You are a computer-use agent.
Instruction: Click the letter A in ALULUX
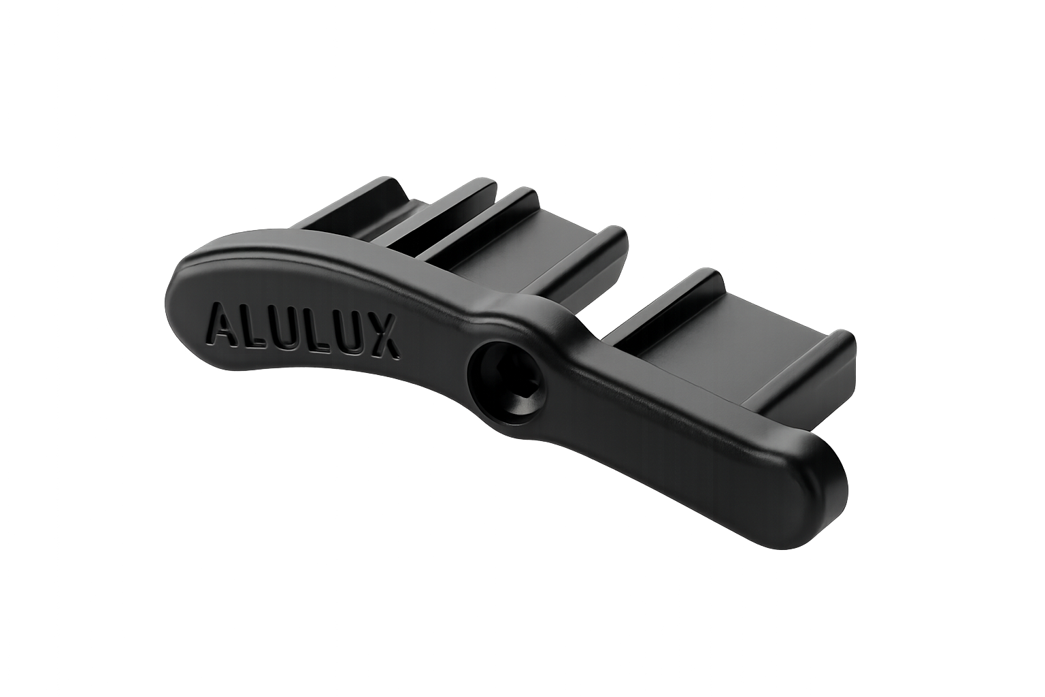click(226, 323)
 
